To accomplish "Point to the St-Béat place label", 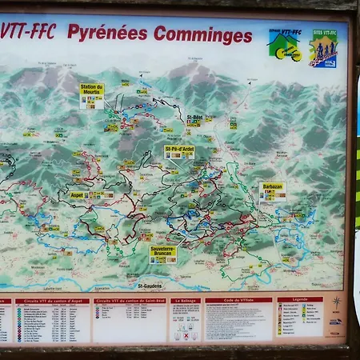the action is [x=194, y=118].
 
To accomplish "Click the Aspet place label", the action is [x=77, y=194].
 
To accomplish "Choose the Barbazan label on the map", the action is [x=272, y=186].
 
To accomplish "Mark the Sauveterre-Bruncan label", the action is [x=163, y=250].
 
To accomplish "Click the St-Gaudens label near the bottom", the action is [x=150, y=286].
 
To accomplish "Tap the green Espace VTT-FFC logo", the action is [x=284, y=45].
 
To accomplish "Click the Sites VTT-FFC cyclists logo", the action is [x=323, y=48].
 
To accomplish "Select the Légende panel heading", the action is [x=299, y=301].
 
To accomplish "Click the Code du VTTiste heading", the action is [x=238, y=301].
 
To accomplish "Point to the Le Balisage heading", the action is [x=184, y=302].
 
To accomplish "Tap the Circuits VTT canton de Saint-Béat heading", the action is [x=129, y=302].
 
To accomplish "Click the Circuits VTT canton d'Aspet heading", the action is [x=52, y=302].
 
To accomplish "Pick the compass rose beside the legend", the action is [x=337, y=304].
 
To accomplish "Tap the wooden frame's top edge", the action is [x=180, y=5].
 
